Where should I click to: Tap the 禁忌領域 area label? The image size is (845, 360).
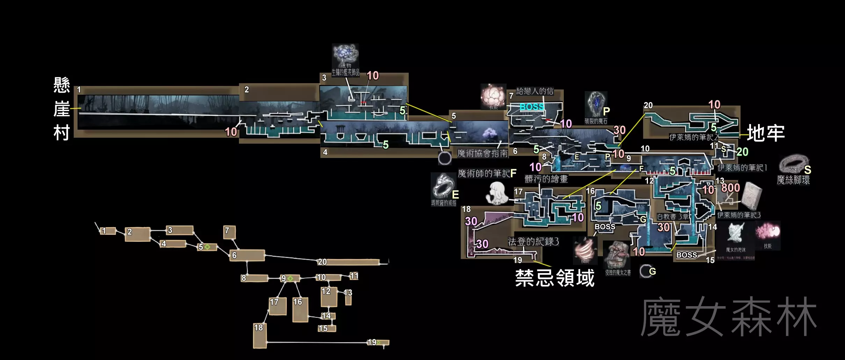[555, 278]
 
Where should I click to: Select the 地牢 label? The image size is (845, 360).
[766, 133]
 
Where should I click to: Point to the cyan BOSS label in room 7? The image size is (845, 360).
[532, 107]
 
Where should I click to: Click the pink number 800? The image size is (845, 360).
[730, 188]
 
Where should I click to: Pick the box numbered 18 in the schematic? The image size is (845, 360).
[260, 336]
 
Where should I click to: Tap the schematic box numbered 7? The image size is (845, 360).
[229, 232]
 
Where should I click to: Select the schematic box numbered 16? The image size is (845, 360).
[300, 309]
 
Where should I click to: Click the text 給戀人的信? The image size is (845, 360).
[535, 92]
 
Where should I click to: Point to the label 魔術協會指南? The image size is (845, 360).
[482, 153]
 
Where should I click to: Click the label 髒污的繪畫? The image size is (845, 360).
[546, 179]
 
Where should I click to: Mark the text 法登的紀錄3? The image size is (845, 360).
[533, 242]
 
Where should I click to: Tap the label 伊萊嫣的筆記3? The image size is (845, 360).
[739, 215]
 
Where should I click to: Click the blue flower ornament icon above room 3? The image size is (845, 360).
[345, 54]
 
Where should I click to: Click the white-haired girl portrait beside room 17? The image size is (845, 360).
[497, 194]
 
